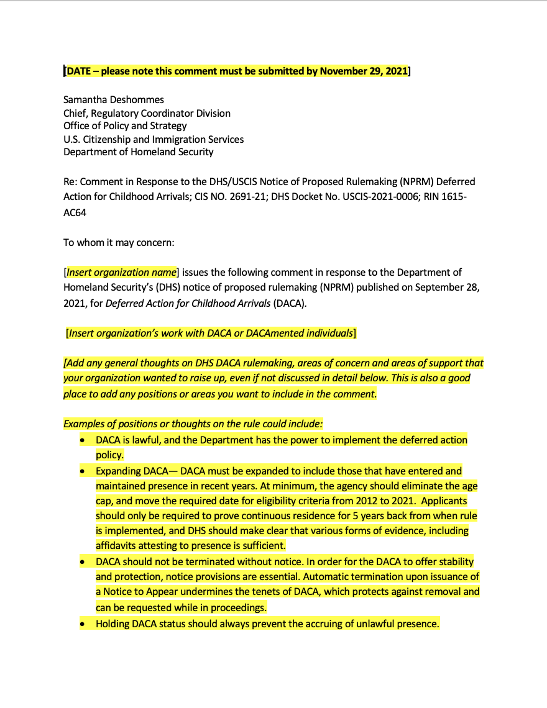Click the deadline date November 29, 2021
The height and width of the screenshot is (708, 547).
pos(363,71)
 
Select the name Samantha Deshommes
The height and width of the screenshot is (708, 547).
pos(114,100)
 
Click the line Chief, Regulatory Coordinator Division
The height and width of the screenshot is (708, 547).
pos(147,113)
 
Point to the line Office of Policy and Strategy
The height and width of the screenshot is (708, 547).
pos(125,126)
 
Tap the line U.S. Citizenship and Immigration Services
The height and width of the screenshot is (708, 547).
pos(154,139)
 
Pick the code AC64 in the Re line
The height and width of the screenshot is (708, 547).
pos(75,212)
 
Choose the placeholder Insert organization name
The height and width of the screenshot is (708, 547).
pos(121,273)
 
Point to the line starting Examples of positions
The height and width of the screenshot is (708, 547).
pos(193,424)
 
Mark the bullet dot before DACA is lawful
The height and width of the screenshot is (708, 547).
pos(83,440)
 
